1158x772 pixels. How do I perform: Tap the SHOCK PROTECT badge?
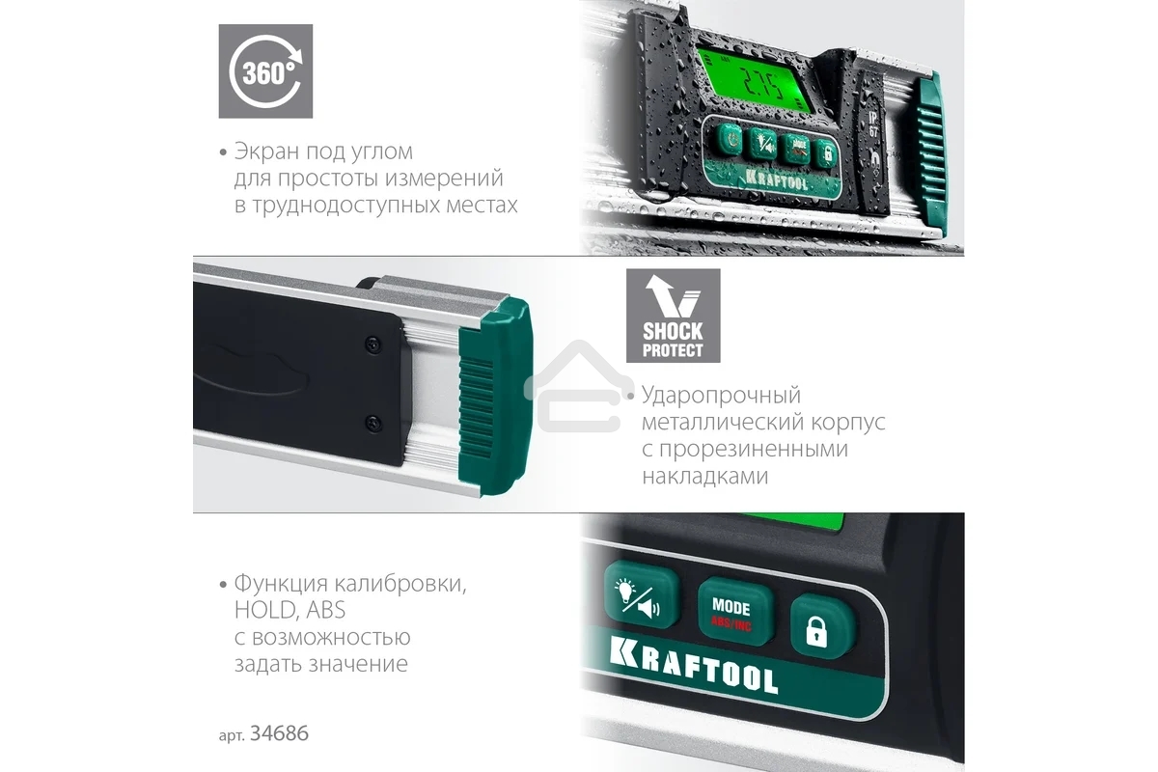[x=673, y=315]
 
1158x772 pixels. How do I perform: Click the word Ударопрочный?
[x=722, y=396]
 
